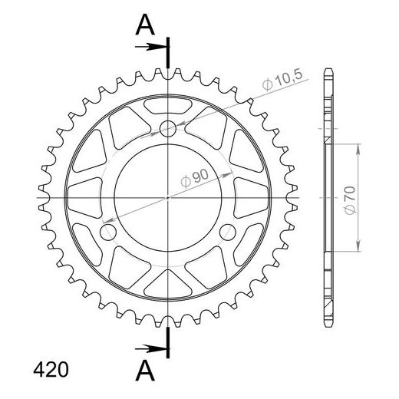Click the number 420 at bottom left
(x=51, y=370)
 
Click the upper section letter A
(x=145, y=25)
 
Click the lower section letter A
(x=145, y=371)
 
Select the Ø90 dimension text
(x=195, y=177)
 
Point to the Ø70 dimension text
(x=350, y=200)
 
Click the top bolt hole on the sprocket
(x=168, y=129)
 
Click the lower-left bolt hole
(x=108, y=232)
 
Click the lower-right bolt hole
(x=228, y=232)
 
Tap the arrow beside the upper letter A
(x=150, y=47)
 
